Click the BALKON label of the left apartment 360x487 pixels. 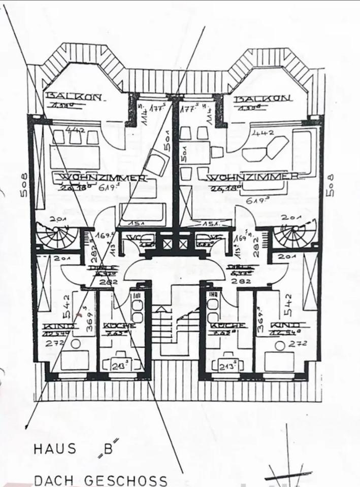point(74,96)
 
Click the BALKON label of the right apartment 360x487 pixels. point(263,98)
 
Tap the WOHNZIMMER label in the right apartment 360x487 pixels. point(252,177)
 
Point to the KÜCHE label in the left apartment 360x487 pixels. point(119,325)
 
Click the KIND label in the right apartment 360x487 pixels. point(286,325)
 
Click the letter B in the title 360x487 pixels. point(108,448)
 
